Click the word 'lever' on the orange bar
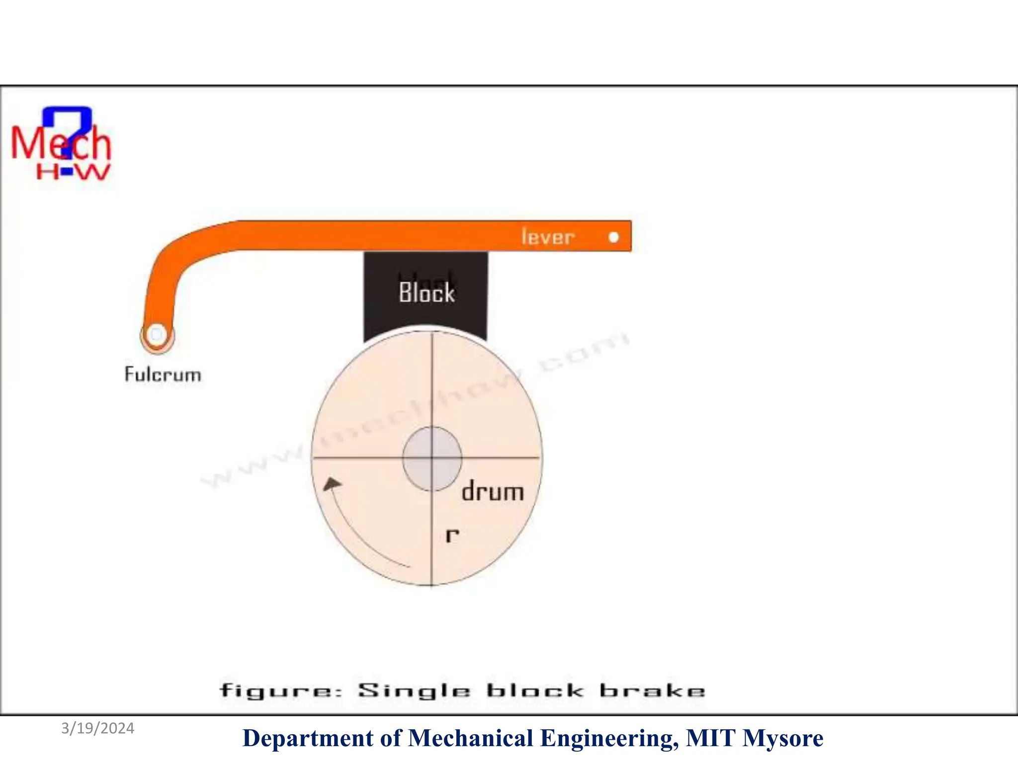[x=548, y=237]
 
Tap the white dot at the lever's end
[x=614, y=237]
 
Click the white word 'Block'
[x=426, y=292]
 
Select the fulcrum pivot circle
[x=157, y=334]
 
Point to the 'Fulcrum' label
[x=163, y=375]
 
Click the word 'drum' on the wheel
[x=493, y=492]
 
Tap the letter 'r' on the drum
[x=452, y=535]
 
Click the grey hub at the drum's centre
[x=432, y=458]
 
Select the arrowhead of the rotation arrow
[x=332, y=483]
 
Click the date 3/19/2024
[x=98, y=728]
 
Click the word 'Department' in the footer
[x=308, y=738]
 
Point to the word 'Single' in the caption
[x=414, y=691]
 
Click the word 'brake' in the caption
[x=652, y=690]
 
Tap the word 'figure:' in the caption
[x=281, y=691]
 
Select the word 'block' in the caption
[x=535, y=690]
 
